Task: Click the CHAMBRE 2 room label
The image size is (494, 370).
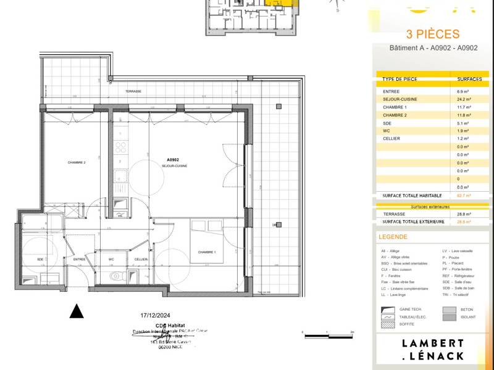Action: (x=77, y=162)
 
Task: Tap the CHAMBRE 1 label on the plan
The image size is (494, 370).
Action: (x=206, y=252)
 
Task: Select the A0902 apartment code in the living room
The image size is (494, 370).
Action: (x=174, y=160)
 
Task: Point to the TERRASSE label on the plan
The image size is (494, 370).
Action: (x=133, y=91)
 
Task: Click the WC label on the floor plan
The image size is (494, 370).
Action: (x=111, y=260)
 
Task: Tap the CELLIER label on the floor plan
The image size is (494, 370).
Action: (x=141, y=260)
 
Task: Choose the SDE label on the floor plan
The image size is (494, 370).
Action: (x=40, y=260)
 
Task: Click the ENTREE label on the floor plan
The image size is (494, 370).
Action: (x=79, y=260)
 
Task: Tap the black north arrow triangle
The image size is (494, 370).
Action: (x=76, y=311)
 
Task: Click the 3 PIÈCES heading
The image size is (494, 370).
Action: (x=432, y=35)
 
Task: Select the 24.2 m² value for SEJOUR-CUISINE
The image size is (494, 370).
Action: (x=464, y=99)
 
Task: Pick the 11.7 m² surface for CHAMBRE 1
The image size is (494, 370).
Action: (x=464, y=107)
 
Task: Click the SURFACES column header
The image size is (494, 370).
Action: (x=469, y=80)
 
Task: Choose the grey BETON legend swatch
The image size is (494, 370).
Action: (x=449, y=310)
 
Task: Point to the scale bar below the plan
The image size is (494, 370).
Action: (x=327, y=334)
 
